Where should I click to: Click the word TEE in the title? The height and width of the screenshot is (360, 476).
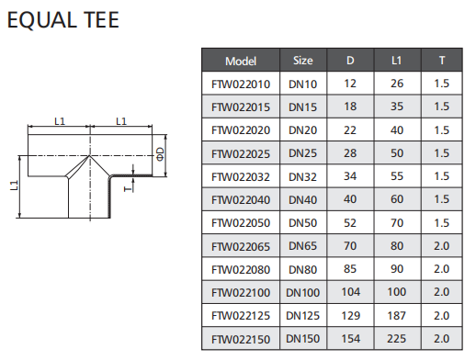coord(101,20)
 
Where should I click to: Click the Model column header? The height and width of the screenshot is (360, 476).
coord(241,61)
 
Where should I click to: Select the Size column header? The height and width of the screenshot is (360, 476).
coord(303,61)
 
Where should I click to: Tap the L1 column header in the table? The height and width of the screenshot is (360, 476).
coord(397,61)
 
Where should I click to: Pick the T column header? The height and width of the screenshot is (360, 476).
coord(442,61)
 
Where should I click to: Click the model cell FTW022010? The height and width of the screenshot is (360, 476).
coord(241,84)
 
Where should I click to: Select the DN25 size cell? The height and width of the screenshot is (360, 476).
coord(303,153)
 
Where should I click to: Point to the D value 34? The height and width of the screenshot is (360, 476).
coord(350,176)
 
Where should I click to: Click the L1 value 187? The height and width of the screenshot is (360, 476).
coord(397,315)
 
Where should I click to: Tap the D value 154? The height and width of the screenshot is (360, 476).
coord(350,339)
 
